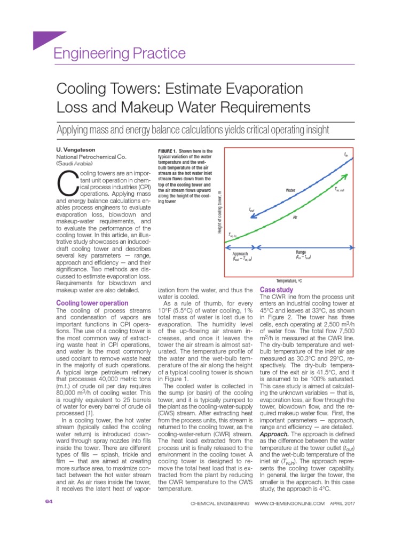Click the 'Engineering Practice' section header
tap(120, 54)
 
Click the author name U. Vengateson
tap(76, 150)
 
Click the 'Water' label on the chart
tap(290, 190)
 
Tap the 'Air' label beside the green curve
tap(295, 217)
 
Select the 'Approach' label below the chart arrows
tap(241, 254)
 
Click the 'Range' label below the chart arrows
tap(301, 252)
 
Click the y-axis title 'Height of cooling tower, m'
tap(219, 211)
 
